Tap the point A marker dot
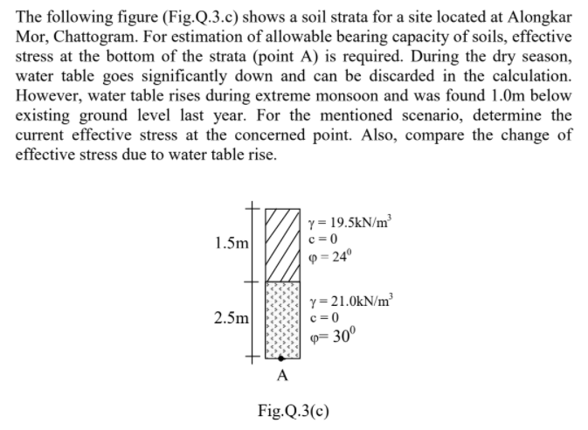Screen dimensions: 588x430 click(280, 358)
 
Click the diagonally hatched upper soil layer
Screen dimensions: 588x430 click(280, 245)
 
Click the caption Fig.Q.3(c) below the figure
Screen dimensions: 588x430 click(293, 409)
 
